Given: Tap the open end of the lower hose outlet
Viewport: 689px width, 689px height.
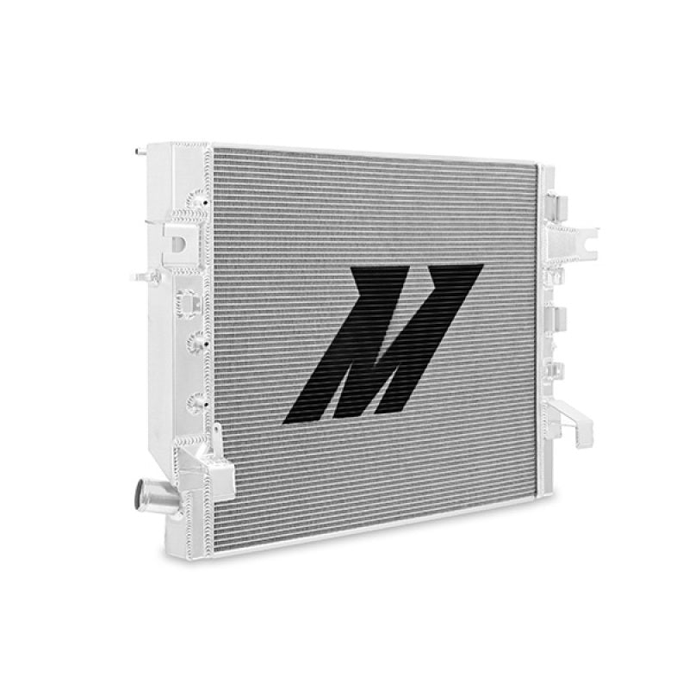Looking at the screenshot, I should click(x=141, y=499).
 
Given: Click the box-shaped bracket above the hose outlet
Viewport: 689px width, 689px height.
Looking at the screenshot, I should click(x=211, y=469).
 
